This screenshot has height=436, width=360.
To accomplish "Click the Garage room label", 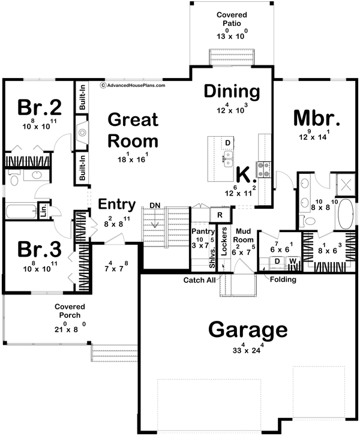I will (x=248, y=330).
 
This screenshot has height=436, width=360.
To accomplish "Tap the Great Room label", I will (x=133, y=130).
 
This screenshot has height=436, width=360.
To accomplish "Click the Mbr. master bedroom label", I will (x=317, y=118).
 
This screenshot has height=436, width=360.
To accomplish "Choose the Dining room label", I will (x=232, y=92).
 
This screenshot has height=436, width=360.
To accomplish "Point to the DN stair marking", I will (x=155, y=206).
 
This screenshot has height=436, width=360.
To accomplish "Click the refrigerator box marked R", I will (x=220, y=215).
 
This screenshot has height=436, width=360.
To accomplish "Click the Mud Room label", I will (x=243, y=233).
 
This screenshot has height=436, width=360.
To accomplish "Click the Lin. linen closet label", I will (x=43, y=211).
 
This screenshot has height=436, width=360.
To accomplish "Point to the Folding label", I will (x=282, y=279).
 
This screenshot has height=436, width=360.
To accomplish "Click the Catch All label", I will (x=199, y=279).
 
